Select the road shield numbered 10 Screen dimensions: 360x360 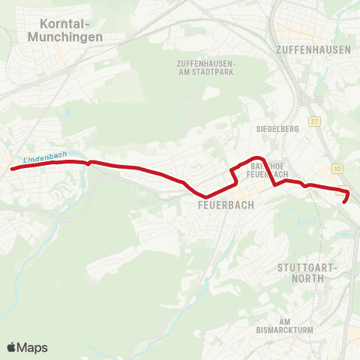point(338,168)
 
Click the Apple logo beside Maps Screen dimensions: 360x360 point(11,347)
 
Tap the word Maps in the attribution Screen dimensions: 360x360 point(32,347)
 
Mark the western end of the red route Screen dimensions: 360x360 point(12,169)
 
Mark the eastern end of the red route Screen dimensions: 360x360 point(344,202)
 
